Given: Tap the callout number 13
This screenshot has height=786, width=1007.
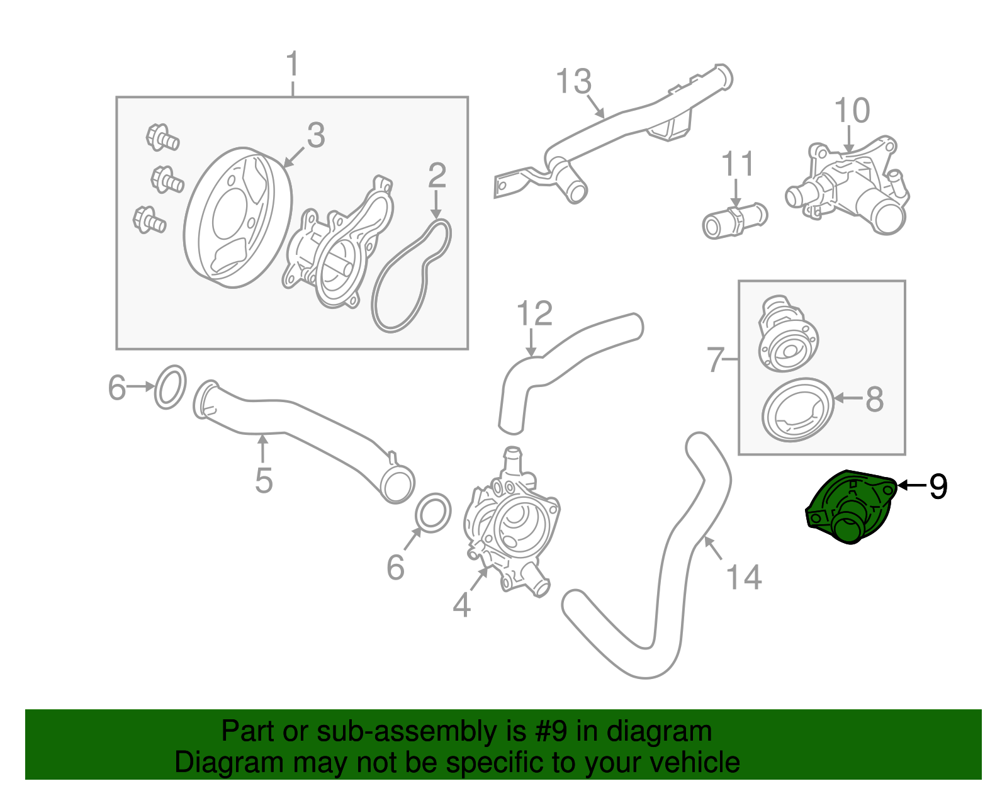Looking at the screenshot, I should [573, 82].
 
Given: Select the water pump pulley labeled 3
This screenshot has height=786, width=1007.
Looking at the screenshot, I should [238, 217].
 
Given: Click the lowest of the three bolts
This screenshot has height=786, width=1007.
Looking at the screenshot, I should [149, 220].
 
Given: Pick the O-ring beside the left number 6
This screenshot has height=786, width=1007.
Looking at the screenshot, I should [171, 386].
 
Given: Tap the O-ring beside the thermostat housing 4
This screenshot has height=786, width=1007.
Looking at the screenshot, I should [434, 512].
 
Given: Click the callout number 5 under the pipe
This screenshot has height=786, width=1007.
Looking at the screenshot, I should [264, 481].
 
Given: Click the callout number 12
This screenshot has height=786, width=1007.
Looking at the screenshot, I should [534, 313].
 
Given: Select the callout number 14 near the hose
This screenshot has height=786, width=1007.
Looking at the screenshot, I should [743, 577].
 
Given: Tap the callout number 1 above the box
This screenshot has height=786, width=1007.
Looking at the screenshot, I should [292, 65].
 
